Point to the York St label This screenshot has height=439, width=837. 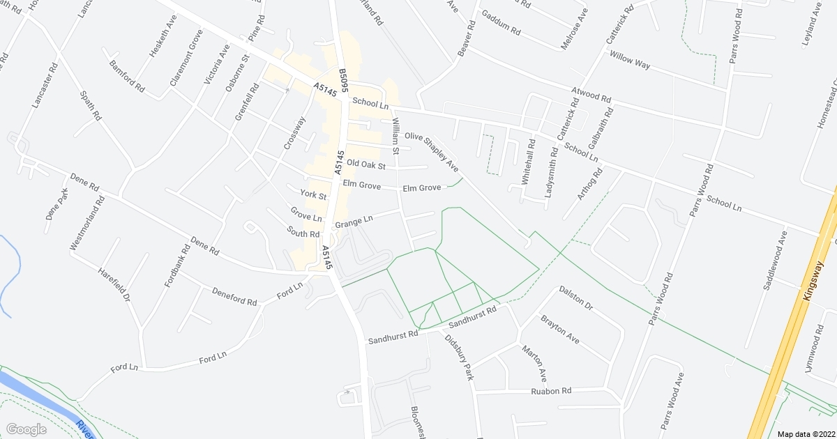point(313,196)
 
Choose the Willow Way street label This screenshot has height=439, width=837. point(629,60)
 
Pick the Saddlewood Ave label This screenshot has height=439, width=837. point(775,261)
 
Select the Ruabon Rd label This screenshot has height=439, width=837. point(552,391)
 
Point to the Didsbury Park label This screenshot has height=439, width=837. point(460,357)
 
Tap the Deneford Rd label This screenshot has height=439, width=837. point(234,298)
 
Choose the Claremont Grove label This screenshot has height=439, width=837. point(186,57)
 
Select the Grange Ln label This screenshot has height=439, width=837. point(354,222)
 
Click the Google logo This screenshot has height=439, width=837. point(26,429)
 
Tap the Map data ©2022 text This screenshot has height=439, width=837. point(806,433)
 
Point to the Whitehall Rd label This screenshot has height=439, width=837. point(528,166)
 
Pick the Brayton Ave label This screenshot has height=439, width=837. point(560,329)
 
